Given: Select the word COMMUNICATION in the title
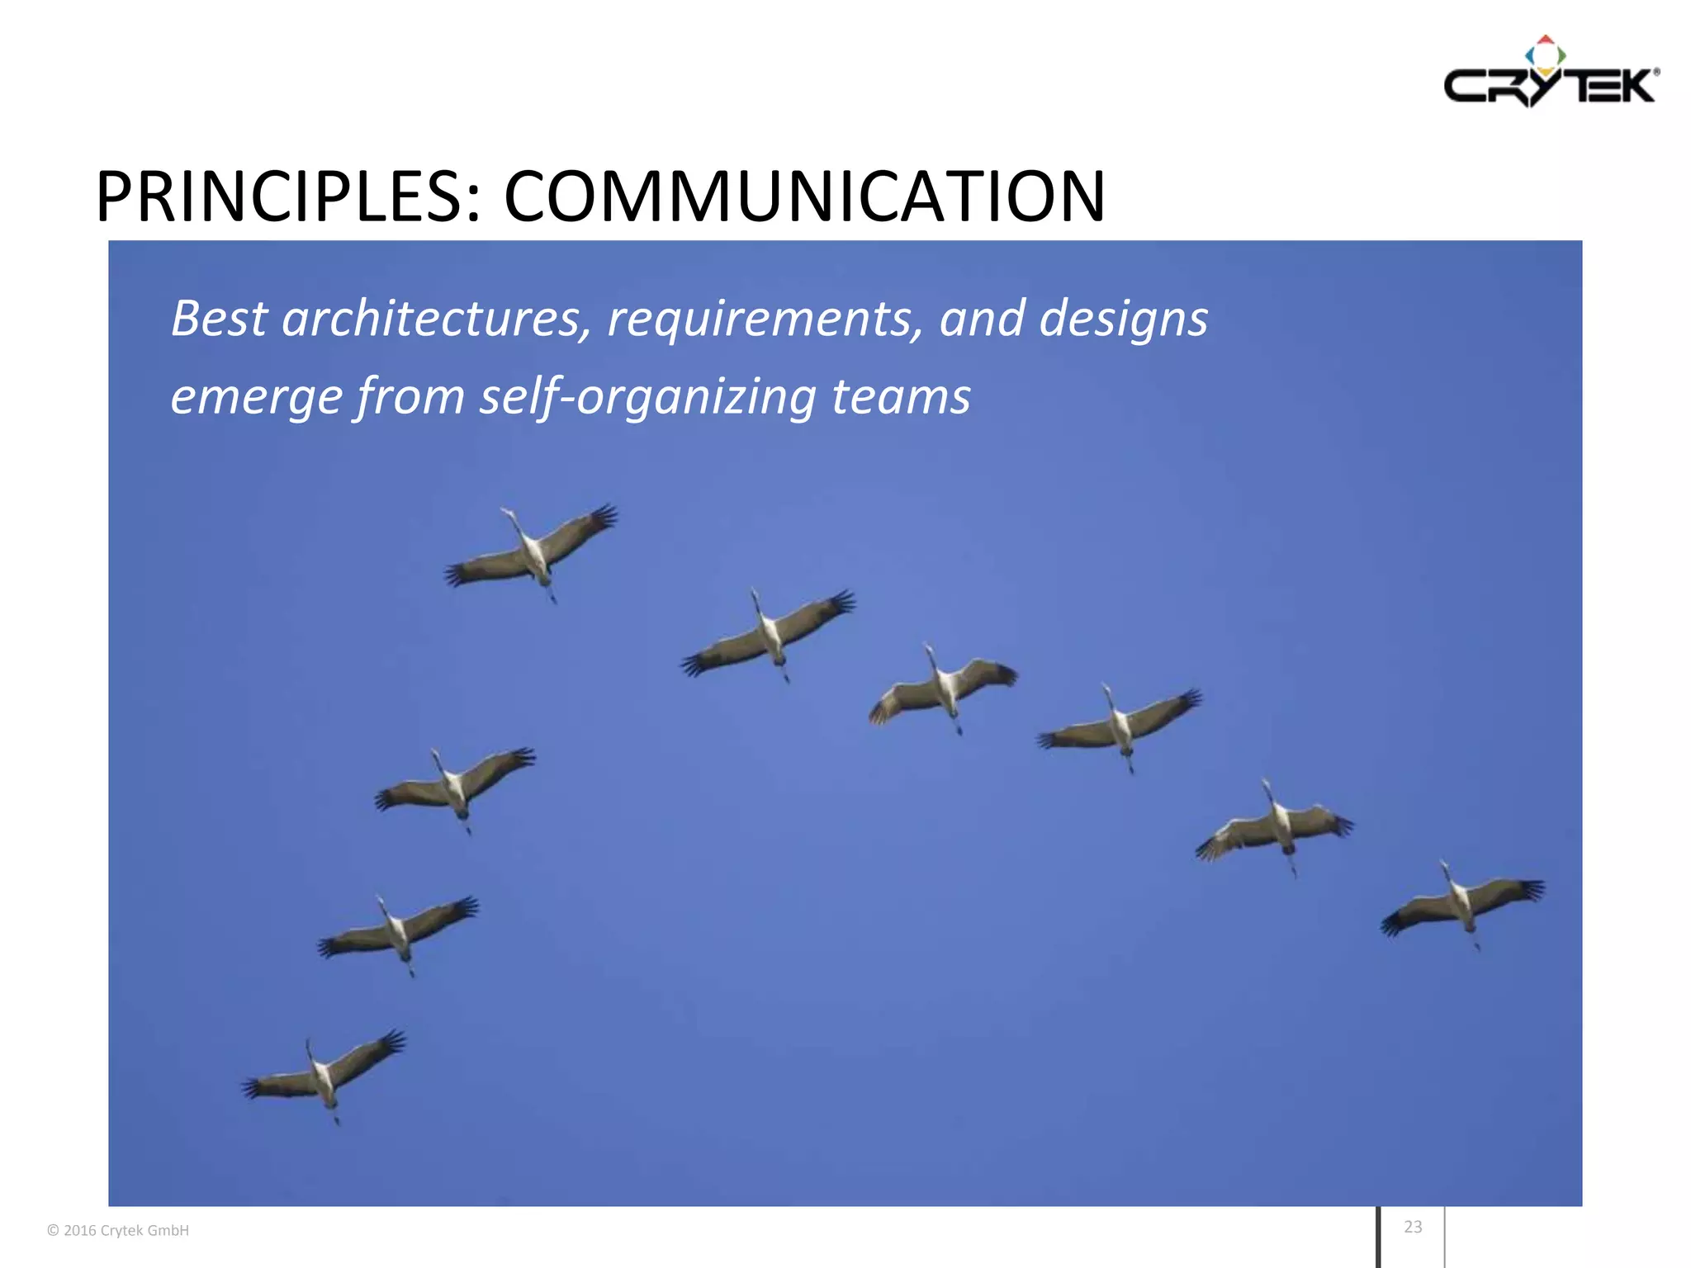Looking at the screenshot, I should point(804,197).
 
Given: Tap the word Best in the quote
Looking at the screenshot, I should point(219,319).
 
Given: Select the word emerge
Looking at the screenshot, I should point(256,398).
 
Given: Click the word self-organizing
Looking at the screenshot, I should point(647,398).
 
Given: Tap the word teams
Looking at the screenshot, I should point(901,396).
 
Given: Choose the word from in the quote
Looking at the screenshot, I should point(410,396).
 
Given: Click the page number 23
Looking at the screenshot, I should point(1413,1227).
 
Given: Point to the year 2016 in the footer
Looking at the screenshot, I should point(80,1231).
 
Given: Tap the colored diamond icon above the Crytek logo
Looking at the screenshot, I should point(1545,54).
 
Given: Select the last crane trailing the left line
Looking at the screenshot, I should point(324,1076).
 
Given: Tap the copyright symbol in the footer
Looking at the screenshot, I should point(53,1231).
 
